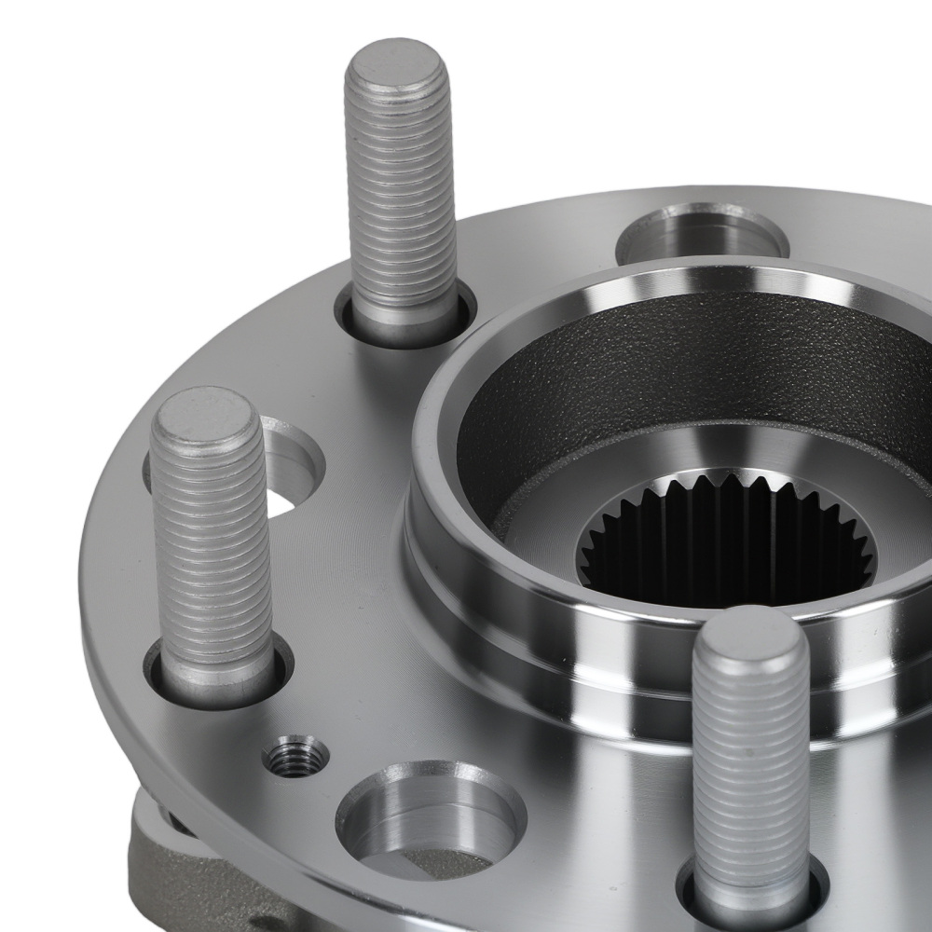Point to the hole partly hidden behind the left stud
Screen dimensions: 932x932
coord(289,466)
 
